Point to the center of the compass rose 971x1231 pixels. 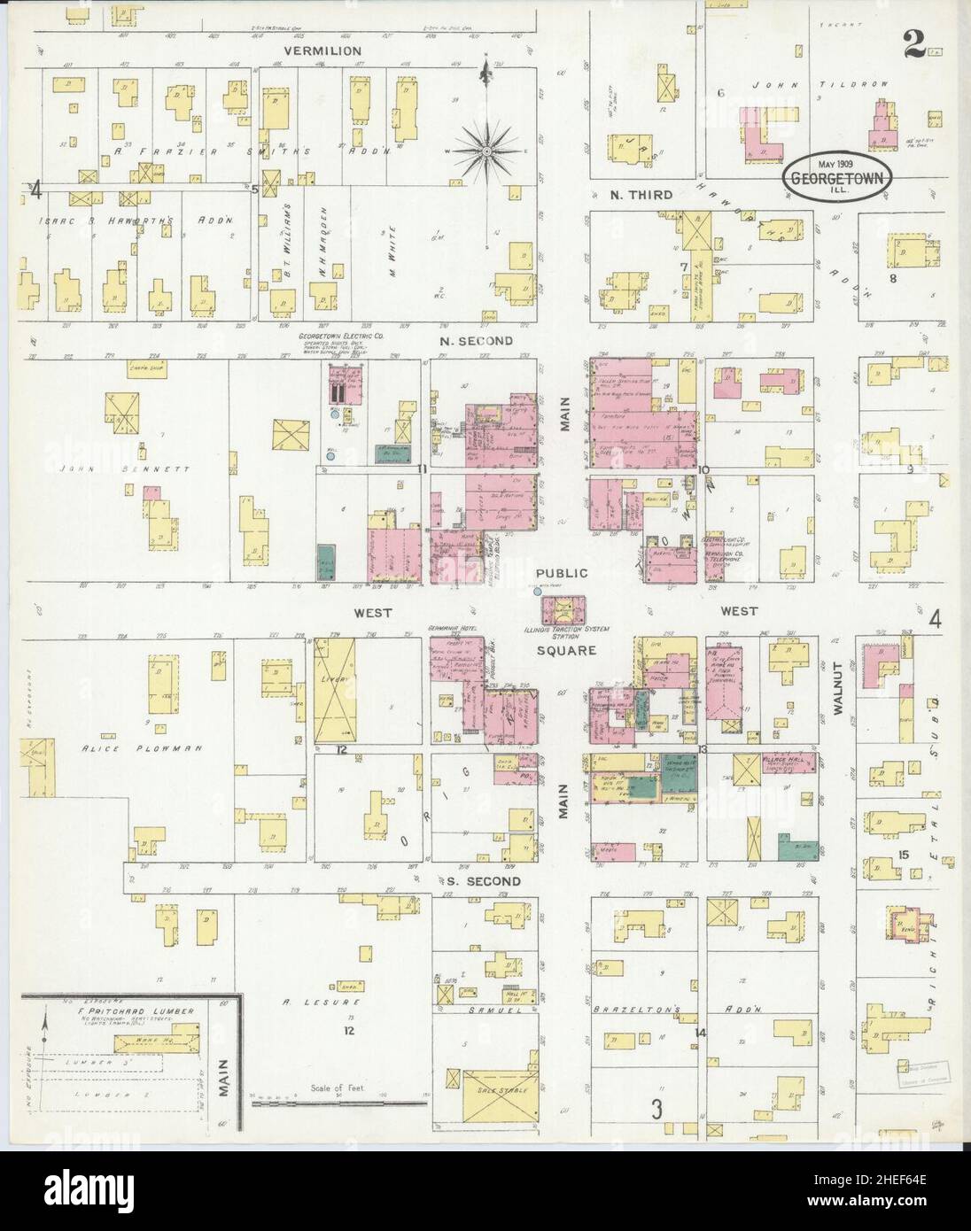(486, 152)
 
